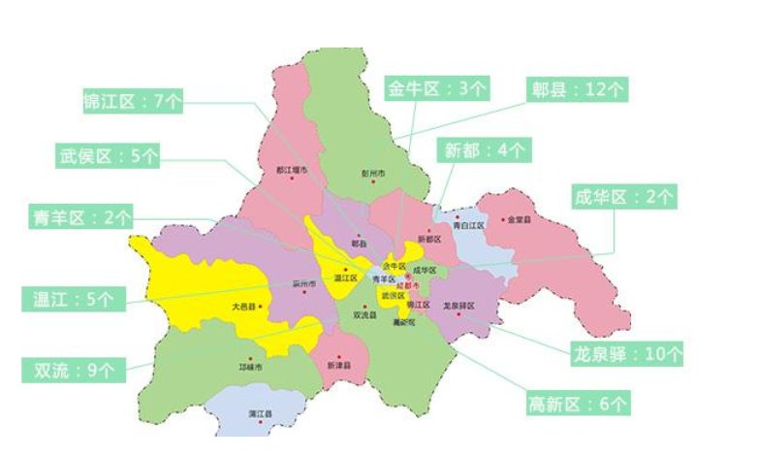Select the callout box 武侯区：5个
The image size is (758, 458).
click(108, 155)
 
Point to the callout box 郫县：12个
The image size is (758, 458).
click(580, 89)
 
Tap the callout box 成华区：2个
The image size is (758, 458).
click(623, 197)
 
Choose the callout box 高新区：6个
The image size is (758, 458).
click(578, 401)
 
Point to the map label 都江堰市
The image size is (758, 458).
click(291, 170)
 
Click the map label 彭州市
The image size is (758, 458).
click(373, 174)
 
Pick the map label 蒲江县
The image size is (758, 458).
click(259, 414)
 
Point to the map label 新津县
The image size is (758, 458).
click(337, 366)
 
